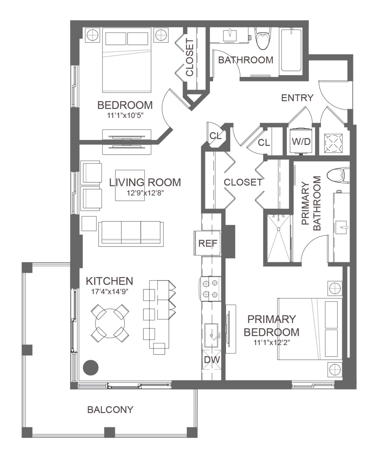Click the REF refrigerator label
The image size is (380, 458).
[208, 243]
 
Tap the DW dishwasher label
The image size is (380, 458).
[212, 360]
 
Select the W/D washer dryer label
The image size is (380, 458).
[301, 142]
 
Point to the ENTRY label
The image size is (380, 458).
[297, 98]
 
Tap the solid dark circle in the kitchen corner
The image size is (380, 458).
[91, 367]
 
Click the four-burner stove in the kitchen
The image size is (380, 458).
[210, 289]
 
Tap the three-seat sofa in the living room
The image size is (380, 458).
[131, 234]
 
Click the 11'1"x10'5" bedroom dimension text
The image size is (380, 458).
[125, 116]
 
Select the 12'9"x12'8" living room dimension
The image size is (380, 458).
[145, 193]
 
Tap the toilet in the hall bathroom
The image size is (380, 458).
[262, 39]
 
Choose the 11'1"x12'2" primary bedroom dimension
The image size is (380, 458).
[272, 342]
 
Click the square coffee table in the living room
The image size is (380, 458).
[130, 185]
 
